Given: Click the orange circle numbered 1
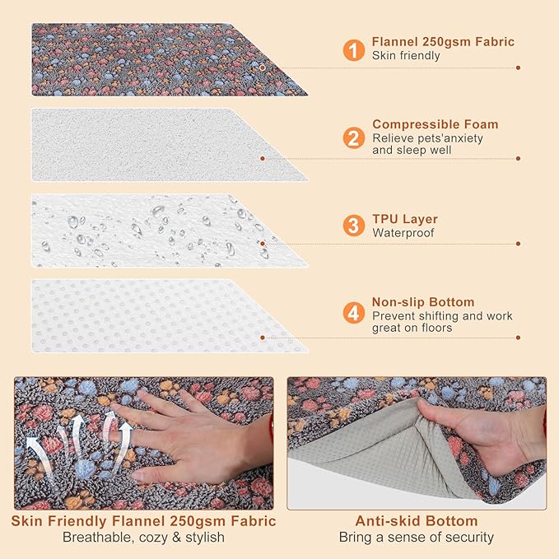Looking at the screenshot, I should pos(354,50).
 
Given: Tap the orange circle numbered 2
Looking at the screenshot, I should pos(354,137).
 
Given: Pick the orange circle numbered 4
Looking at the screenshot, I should pos(354,314).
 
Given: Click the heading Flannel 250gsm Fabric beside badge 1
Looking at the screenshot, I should pos(443,42).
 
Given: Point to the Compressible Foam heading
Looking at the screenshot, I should pos(435,124).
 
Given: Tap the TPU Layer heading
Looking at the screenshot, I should pos(405,219).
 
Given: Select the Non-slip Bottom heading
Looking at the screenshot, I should pos(423,302).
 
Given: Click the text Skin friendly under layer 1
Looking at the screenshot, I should pos(406,56).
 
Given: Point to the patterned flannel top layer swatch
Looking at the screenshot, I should pos(156,58).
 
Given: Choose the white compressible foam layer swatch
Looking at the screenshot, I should pos(156,144).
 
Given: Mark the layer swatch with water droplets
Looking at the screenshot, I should pos(156,231).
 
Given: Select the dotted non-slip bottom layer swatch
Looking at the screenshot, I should pos(156,315).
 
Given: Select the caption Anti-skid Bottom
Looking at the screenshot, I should pos(416,521).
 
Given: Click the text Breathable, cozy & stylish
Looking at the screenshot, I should pos(144,538).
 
